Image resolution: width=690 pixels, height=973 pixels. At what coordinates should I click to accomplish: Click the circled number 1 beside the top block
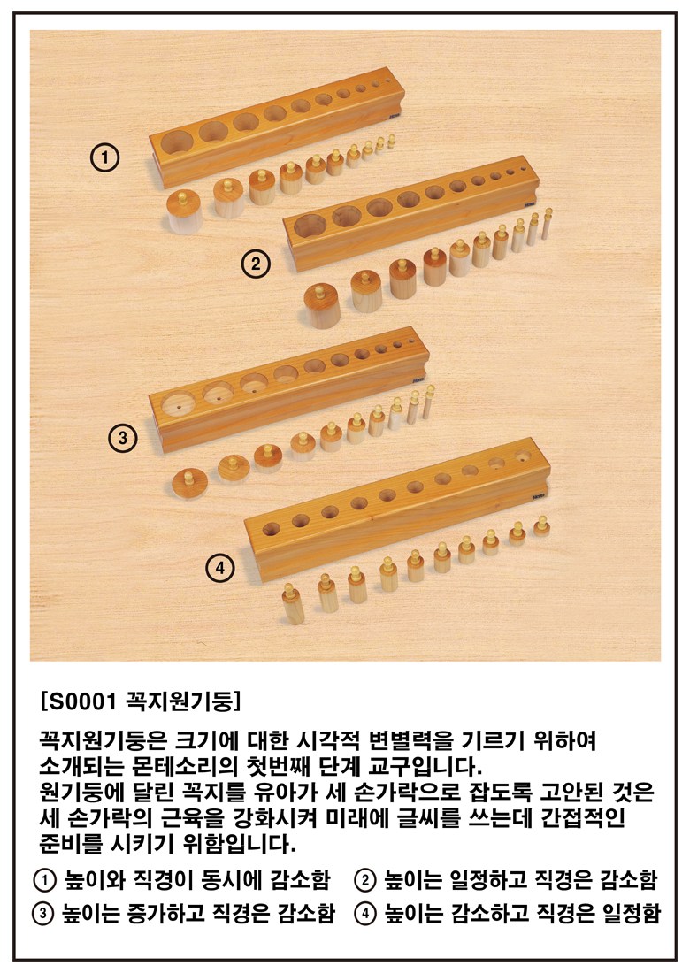[105, 157]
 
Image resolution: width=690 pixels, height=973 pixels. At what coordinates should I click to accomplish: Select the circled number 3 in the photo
[122, 438]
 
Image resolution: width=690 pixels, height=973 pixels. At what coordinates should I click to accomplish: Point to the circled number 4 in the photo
[220, 567]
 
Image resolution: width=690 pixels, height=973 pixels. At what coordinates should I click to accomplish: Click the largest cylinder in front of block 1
[183, 212]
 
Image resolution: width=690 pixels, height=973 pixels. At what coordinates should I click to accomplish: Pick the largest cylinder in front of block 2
[322, 306]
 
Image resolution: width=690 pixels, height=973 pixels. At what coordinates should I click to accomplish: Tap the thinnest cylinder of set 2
[547, 224]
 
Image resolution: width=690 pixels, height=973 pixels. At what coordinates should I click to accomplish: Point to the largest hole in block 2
[310, 225]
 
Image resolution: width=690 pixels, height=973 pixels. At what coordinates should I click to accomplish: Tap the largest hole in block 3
[179, 407]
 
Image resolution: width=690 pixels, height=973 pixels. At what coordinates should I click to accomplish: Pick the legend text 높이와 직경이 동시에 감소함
[198, 879]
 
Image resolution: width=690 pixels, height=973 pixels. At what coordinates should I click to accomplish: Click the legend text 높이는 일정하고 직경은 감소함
[520, 879]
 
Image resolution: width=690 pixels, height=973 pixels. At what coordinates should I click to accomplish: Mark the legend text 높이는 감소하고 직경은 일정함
[522, 913]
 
